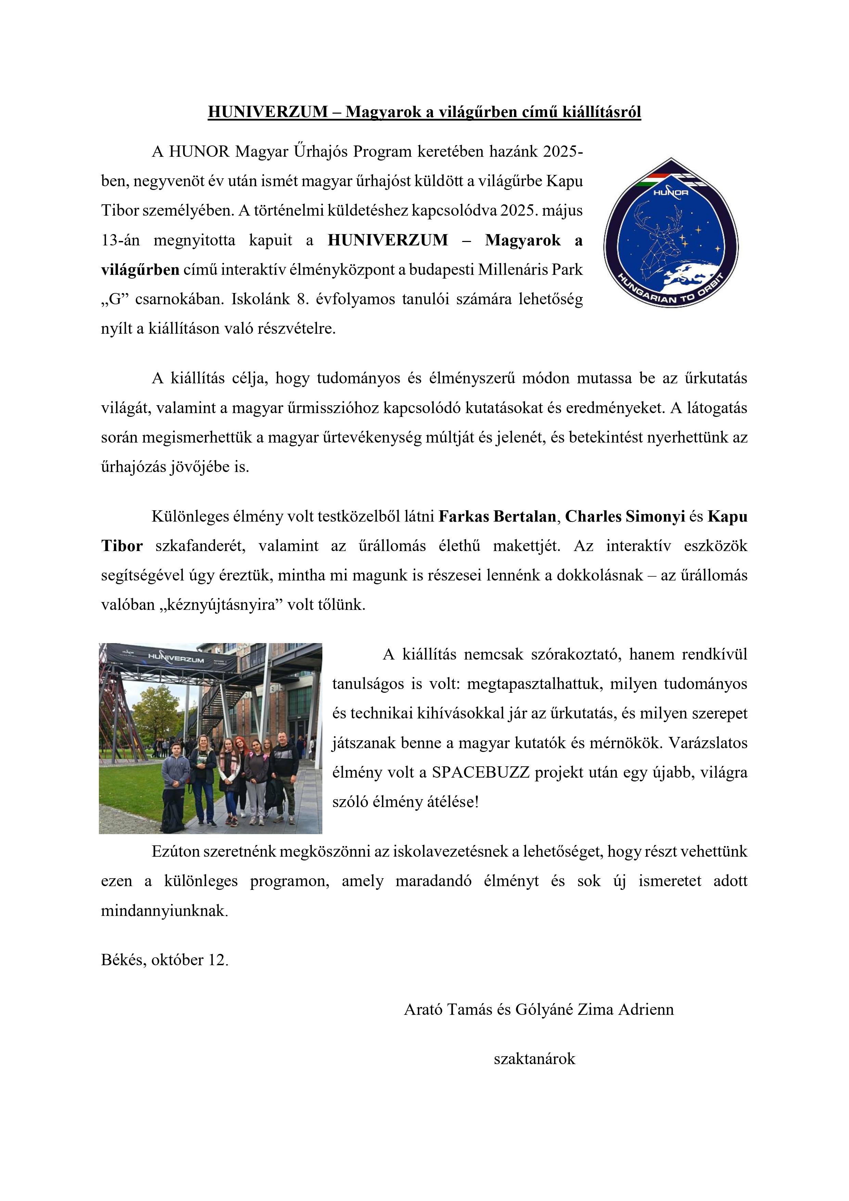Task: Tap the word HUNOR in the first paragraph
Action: (x=199, y=152)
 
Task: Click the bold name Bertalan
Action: (x=525, y=517)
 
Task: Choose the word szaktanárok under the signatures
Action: (x=534, y=1059)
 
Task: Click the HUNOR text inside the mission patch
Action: (x=671, y=192)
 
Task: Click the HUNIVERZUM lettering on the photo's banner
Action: (x=176, y=658)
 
